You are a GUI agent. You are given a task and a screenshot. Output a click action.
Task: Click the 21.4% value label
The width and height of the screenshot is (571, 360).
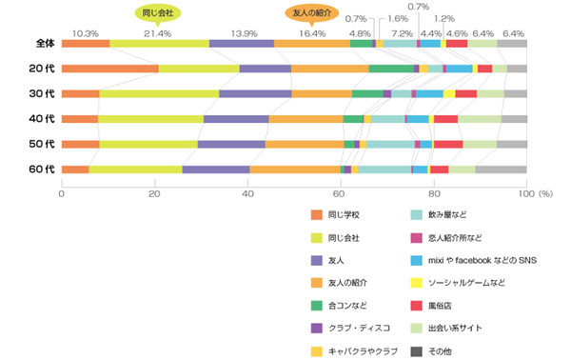[157, 33]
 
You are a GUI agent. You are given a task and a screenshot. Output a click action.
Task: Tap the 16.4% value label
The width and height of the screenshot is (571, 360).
[312, 33]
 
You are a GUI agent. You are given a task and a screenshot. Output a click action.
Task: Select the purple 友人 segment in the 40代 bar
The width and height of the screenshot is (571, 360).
[236, 119]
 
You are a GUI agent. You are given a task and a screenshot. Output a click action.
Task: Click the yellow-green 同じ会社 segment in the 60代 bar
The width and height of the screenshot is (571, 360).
[135, 170]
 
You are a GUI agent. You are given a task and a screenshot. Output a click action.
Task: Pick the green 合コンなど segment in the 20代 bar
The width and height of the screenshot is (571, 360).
[391, 69]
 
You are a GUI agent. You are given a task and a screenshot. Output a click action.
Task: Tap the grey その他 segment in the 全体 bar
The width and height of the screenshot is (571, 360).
[512, 44]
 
